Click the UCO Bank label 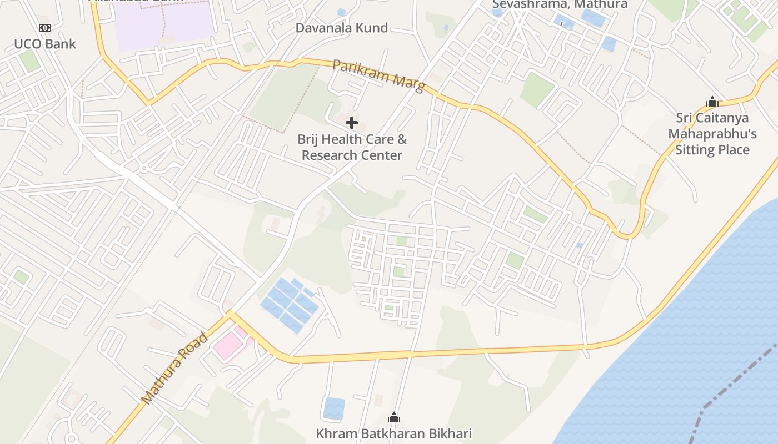(44, 44)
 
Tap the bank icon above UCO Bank (44, 28)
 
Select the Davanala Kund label (341, 28)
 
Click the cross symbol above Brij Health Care (351, 122)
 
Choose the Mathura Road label (174, 369)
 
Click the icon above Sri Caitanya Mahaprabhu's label (712, 102)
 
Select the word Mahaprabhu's (712, 134)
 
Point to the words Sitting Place (712, 150)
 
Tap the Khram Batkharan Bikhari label (393, 433)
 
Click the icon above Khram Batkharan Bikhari (393, 417)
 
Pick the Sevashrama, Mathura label (560, 4)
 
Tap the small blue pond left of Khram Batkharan (334, 408)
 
